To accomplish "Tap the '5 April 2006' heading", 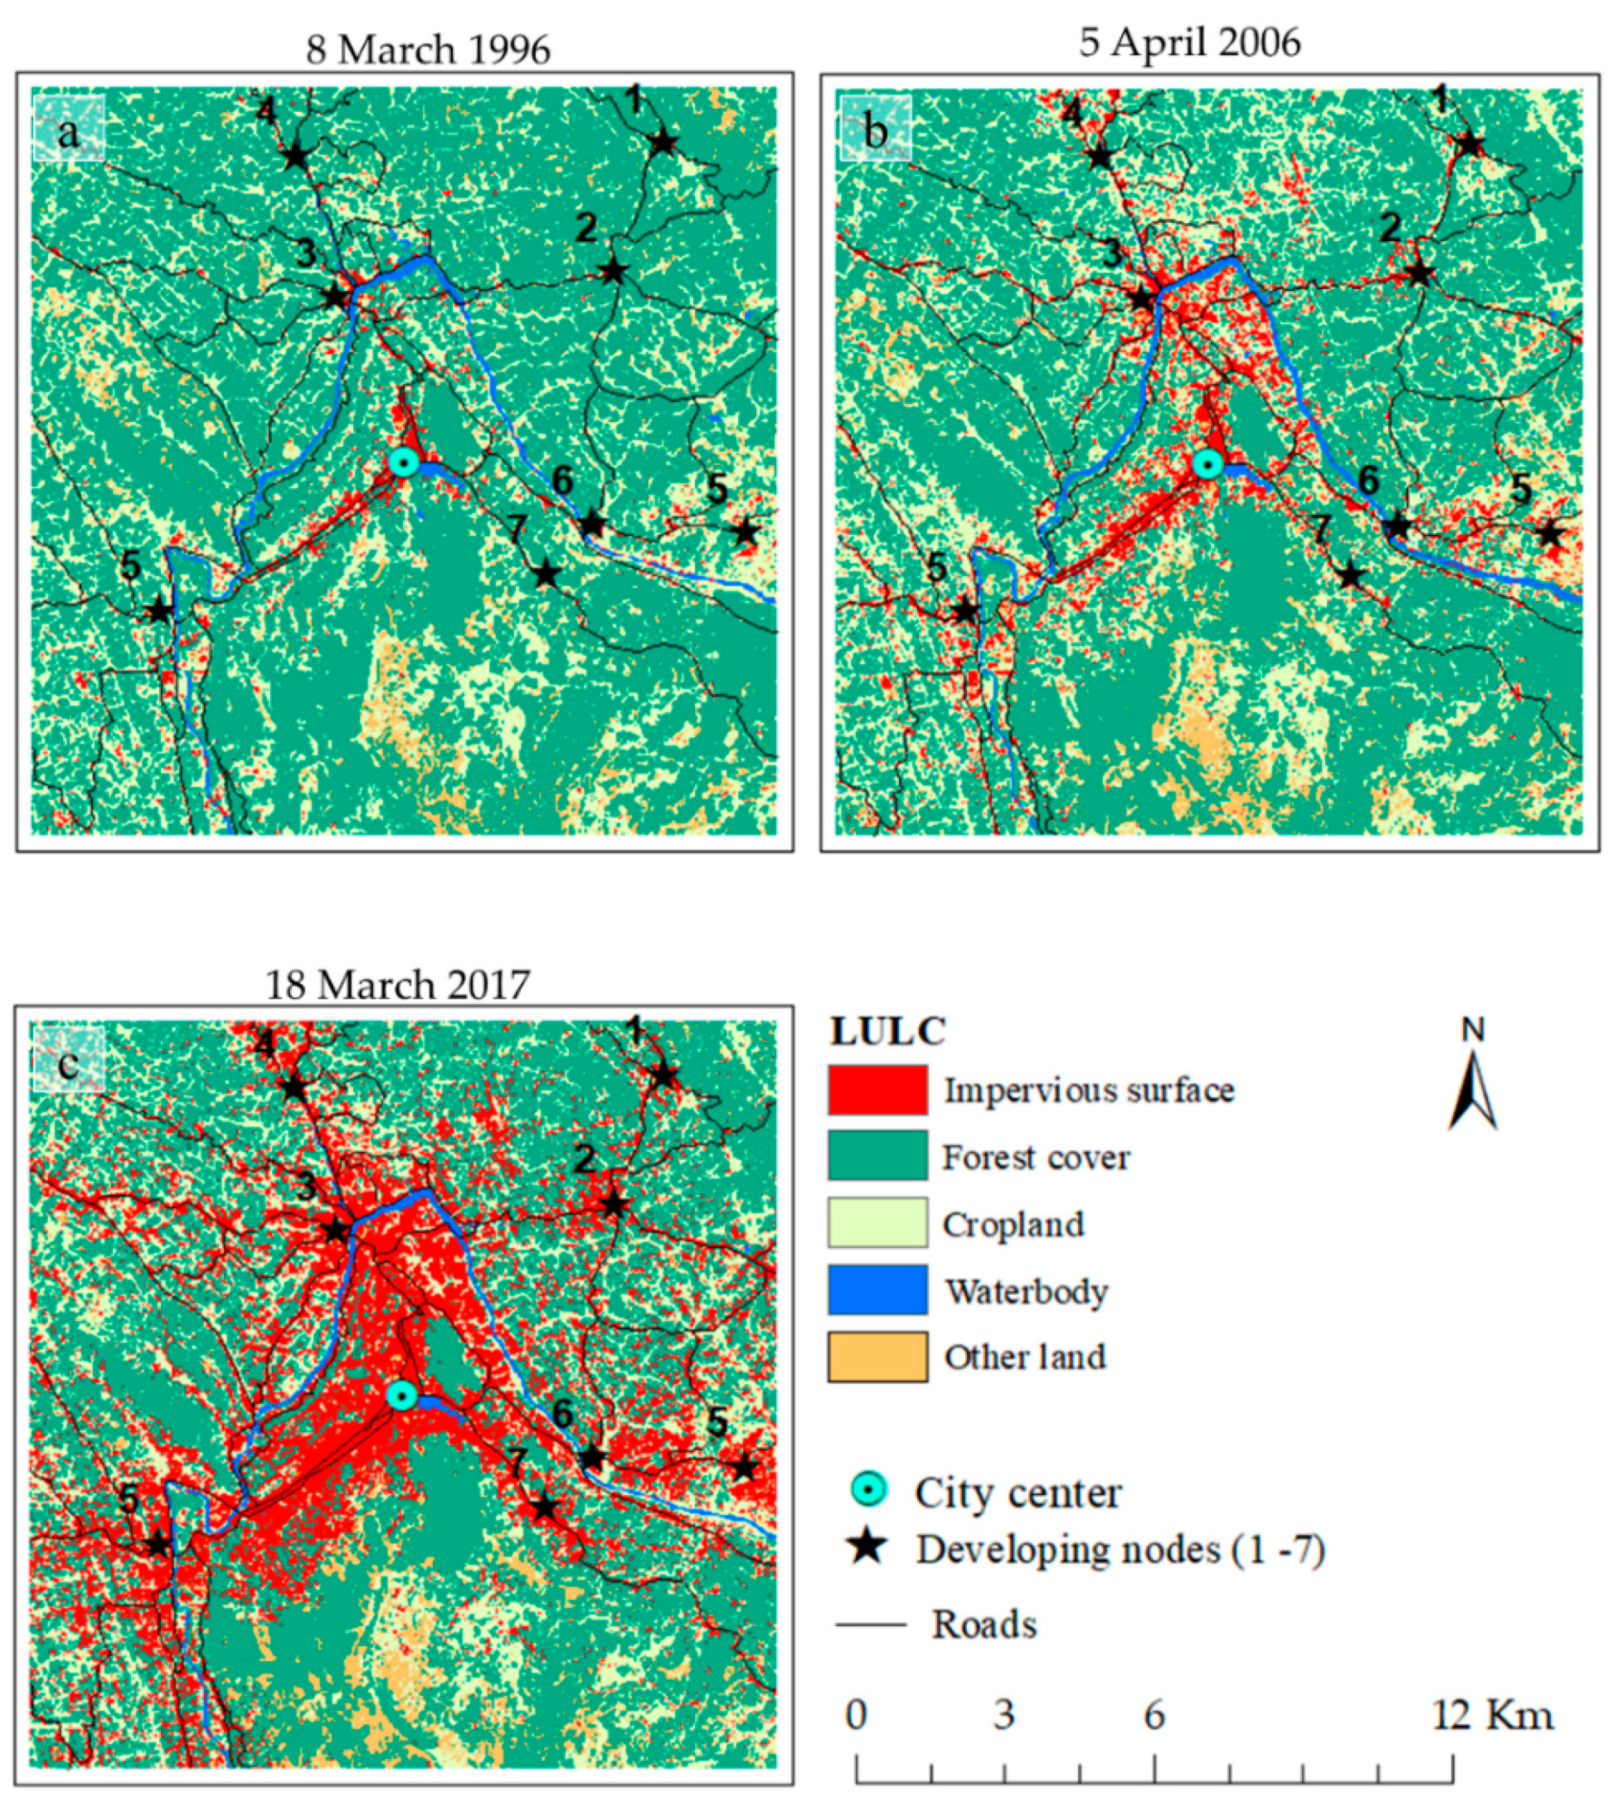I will tap(1190, 41).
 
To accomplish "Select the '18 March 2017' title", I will tap(397, 984).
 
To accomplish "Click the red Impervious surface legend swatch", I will tap(877, 1091).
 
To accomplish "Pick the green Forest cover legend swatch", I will tap(877, 1157).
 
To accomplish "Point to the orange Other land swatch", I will tap(877, 1356).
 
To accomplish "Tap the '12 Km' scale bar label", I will tap(1493, 1716).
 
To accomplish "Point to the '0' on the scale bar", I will tap(856, 1716).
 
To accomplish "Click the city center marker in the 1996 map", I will tap(404, 461).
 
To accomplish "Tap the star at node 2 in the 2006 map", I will tap(1420, 273).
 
